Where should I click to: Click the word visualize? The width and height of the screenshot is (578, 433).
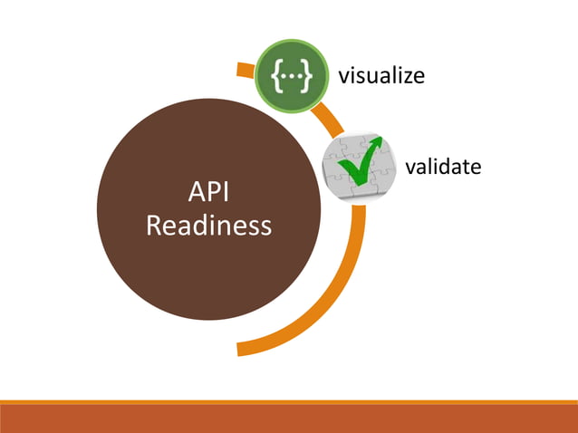point(381,75)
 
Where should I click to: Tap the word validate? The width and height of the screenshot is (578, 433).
point(442,167)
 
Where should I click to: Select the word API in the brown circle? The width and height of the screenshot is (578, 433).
point(207,192)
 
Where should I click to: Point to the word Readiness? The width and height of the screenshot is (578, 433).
point(208,225)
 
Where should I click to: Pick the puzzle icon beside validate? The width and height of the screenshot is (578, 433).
point(353,168)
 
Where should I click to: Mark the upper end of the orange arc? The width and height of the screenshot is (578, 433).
point(240,68)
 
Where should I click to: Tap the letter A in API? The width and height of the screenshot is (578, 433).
point(195,192)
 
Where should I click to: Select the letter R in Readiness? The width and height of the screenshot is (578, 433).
point(154,225)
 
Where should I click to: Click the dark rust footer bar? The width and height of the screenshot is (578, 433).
point(289,418)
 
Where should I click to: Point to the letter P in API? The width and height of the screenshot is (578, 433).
point(211,192)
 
